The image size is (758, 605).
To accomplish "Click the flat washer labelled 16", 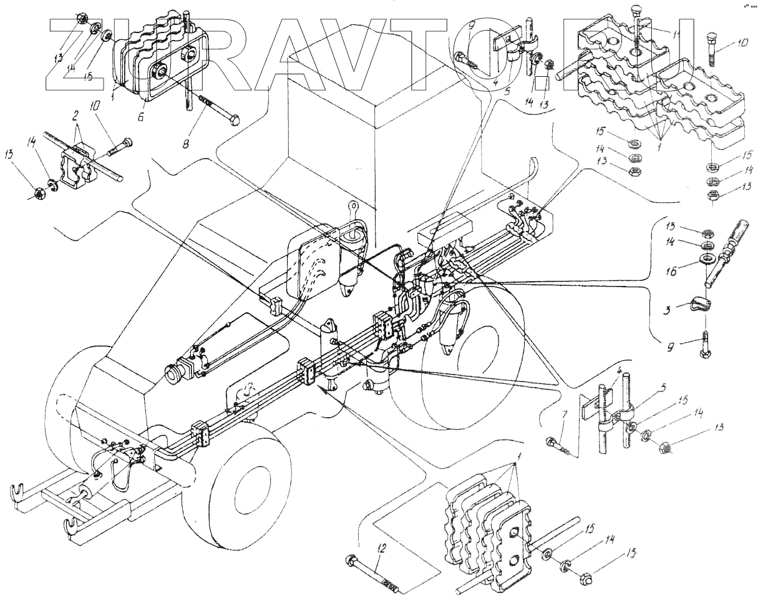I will [707, 258].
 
